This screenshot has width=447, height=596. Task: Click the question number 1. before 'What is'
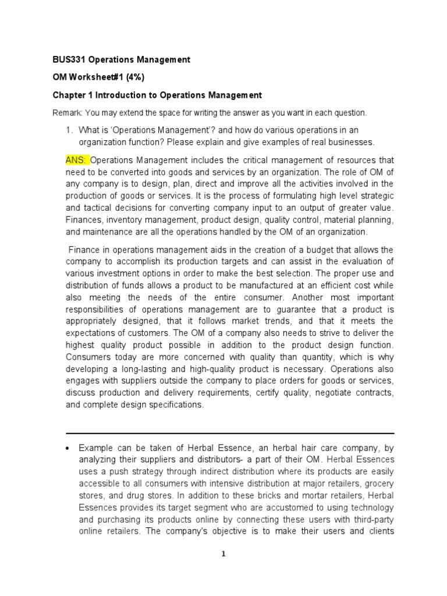(70, 130)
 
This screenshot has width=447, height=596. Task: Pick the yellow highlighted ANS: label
(77, 159)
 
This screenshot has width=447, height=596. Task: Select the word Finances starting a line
(84, 220)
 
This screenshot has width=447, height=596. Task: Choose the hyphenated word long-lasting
(146, 370)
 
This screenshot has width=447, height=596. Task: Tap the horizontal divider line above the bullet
(230, 433)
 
